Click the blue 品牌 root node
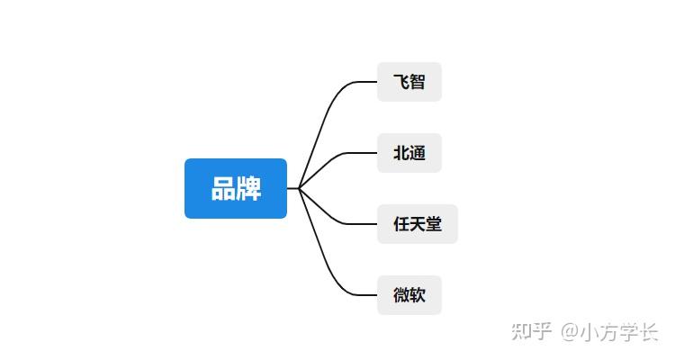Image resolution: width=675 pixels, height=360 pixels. point(236,188)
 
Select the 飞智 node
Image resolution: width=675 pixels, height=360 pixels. point(409,82)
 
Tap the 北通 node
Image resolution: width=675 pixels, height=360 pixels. point(409,153)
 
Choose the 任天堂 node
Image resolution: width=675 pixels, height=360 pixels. point(418,224)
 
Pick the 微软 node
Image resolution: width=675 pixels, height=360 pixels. point(409,295)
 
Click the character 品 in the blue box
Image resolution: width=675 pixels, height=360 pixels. point(223,189)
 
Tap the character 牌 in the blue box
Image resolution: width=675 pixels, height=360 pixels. point(249,189)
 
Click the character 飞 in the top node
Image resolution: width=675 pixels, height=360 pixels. point(401,82)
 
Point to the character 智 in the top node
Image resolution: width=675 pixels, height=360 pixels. point(418,82)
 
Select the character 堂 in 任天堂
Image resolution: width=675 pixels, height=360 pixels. point(434,224)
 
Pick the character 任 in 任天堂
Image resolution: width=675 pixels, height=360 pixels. point(401,224)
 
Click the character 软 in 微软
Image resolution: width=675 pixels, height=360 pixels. point(418,295)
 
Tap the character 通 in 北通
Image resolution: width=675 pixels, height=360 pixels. point(418,153)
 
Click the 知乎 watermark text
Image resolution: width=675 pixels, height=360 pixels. point(531,331)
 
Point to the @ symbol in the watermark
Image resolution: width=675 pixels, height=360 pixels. point(569,332)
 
